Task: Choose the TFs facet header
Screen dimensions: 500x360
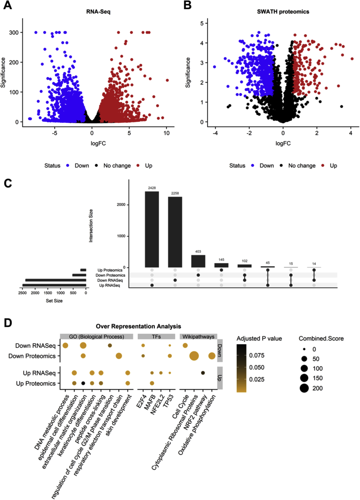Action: [156, 337]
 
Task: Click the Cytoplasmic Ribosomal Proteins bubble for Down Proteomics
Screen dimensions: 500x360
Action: [194, 356]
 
